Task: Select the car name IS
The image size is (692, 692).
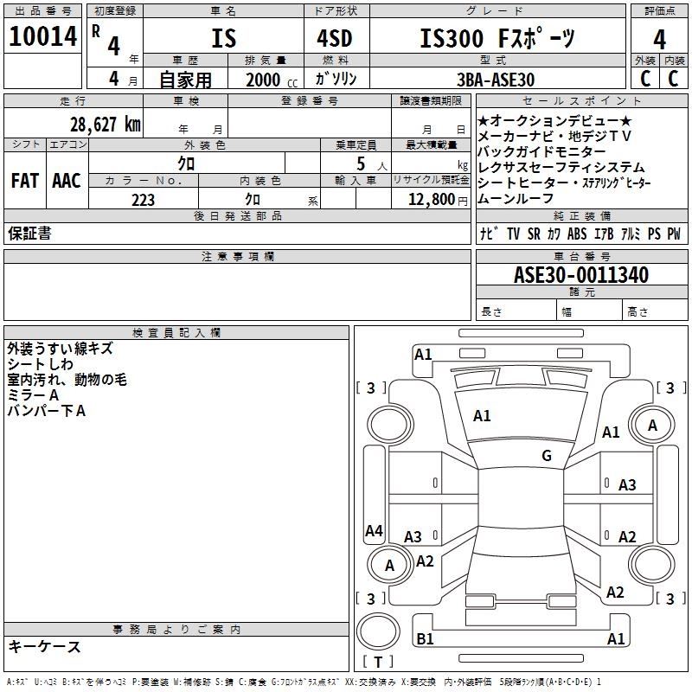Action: [223, 39]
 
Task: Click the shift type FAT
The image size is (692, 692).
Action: [24, 181]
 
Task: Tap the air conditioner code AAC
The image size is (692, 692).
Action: [67, 181]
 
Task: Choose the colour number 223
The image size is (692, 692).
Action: [143, 200]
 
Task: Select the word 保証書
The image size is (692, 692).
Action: [29, 234]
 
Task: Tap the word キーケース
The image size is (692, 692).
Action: [44, 646]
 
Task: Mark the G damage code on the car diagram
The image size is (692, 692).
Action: [547, 456]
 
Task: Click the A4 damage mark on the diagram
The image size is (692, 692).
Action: [374, 531]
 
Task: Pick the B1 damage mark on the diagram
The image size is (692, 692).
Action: [425, 639]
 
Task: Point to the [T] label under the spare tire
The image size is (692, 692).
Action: [378, 663]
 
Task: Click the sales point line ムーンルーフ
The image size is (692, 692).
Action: [516, 198]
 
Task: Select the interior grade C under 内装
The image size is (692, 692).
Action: [673, 79]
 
